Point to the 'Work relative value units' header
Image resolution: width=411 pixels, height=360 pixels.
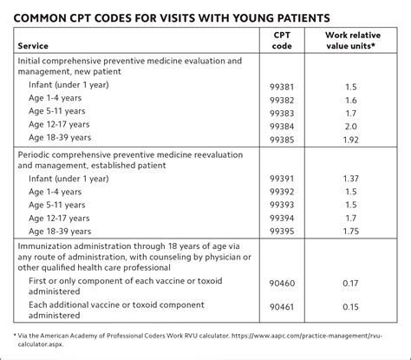pos(351,40)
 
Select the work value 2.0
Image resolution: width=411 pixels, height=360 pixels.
pos(351,126)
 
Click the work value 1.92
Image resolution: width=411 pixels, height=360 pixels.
pos(351,139)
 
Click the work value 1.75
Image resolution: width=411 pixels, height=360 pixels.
pos(351,232)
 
